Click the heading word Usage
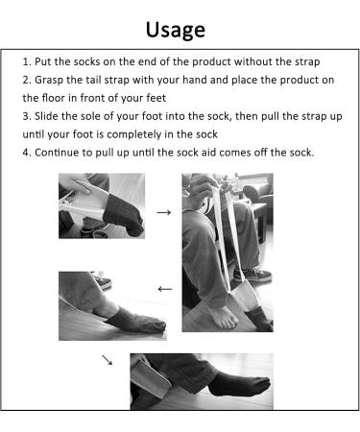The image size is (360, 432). point(175,28)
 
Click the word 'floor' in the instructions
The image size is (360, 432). point(55,98)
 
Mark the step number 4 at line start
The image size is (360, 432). point(25,153)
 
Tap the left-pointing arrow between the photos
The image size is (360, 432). point(164,287)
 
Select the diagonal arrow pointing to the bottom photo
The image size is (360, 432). point(107,361)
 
